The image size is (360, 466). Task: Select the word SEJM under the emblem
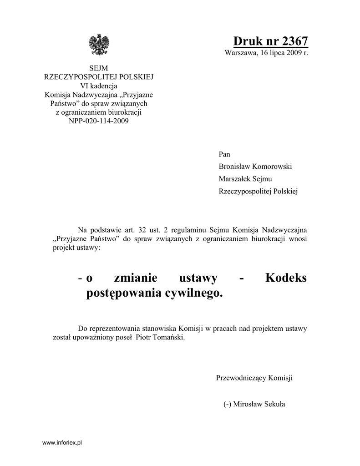(x=98, y=68)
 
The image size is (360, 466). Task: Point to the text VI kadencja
(x=99, y=86)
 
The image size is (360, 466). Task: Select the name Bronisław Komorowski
(x=255, y=167)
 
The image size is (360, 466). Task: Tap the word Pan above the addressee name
(x=225, y=154)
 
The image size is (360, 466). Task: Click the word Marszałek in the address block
(x=234, y=179)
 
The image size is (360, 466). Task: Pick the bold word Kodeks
(x=286, y=278)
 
